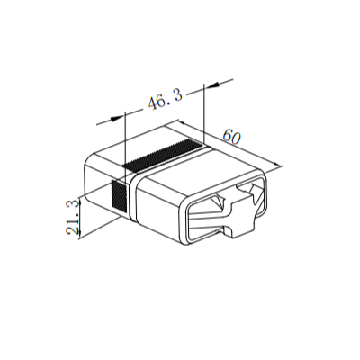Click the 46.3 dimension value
pos(166,100)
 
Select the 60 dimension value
pos(232,137)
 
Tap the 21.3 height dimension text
pos(73,217)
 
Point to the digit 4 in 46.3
pos(154,103)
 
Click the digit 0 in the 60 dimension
pos(236,139)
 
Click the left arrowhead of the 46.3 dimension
pos(116,119)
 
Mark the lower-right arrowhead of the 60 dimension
pos(276,164)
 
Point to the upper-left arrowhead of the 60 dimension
pos(183,122)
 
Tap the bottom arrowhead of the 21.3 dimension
pos(79,233)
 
